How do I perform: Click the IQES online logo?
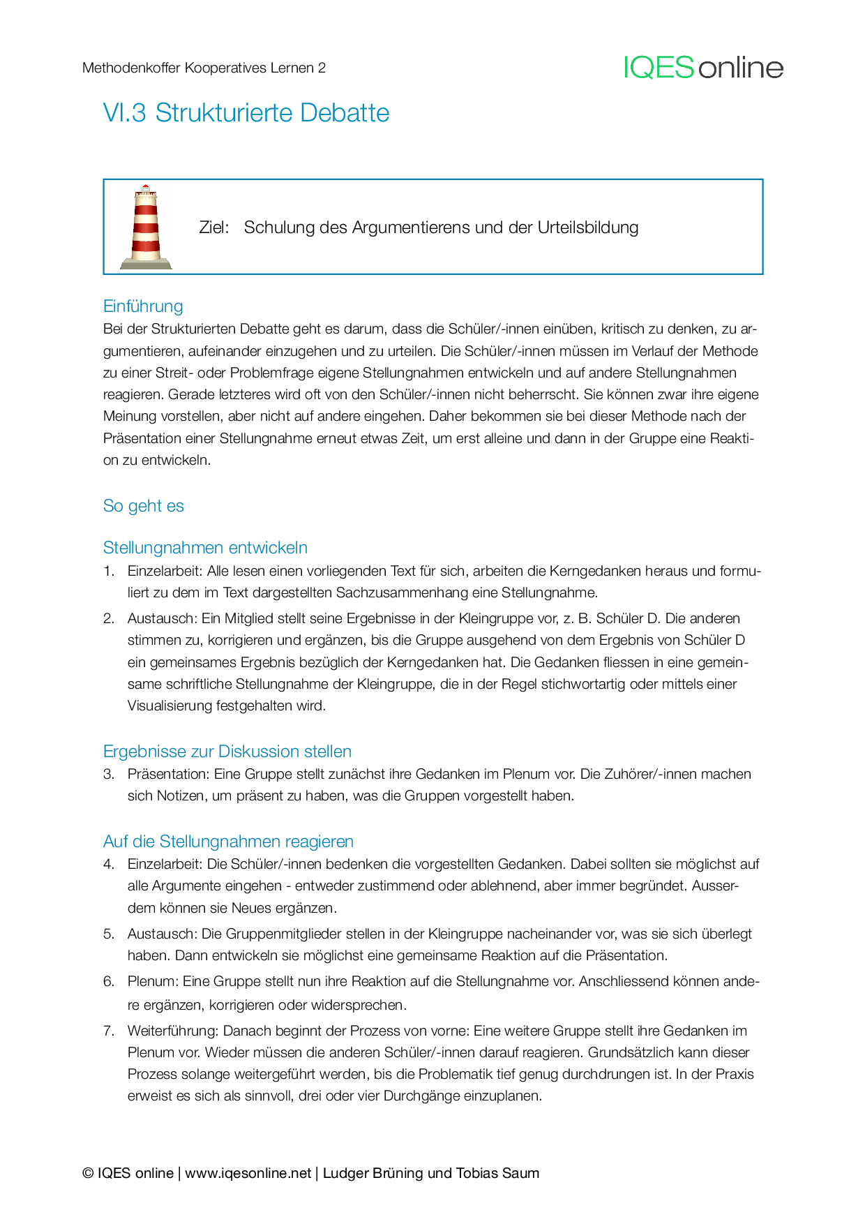click(x=703, y=68)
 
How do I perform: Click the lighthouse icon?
click(x=146, y=227)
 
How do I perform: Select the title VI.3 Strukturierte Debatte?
click(x=246, y=113)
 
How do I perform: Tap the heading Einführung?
click(x=143, y=306)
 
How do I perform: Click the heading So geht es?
click(x=143, y=506)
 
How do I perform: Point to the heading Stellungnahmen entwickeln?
click(x=205, y=548)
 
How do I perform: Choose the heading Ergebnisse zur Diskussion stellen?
click(x=227, y=752)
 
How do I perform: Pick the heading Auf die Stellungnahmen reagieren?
click(x=228, y=842)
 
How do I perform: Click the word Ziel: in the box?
click(x=214, y=227)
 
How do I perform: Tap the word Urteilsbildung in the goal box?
click(x=588, y=227)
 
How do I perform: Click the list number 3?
click(x=108, y=775)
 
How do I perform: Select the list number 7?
click(x=108, y=1031)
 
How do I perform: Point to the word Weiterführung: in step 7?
click(x=173, y=1031)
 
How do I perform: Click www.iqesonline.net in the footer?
click(x=248, y=1173)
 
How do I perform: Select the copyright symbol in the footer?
click(x=88, y=1173)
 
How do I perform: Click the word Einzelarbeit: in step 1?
click(x=165, y=572)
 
